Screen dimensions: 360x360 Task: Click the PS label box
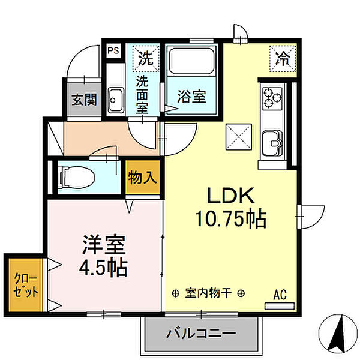pyautogui.click(x=113, y=51)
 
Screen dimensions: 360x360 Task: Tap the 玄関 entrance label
pyautogui.click(x=85, y=100)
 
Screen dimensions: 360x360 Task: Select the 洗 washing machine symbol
pyautogui.click(x=145, y=58)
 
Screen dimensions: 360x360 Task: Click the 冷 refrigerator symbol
pyautogui.click(x=282, y=58)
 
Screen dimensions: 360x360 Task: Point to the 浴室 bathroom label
pyautogui.click(x=191, y=97)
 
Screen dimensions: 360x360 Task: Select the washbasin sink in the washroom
pyautogui.click(x=116, y=100)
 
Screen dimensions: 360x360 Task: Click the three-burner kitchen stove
pyautogui.click(x=272, y=97)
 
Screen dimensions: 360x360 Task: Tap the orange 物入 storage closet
pyautogui.click(x=143, y=178)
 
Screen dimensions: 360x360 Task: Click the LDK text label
pyautogui.click(x=232, y=197)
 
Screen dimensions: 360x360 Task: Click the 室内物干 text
pyautogui.click(x=208, y=293)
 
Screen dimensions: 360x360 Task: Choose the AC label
pyautogui.click(x=280, y=294)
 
